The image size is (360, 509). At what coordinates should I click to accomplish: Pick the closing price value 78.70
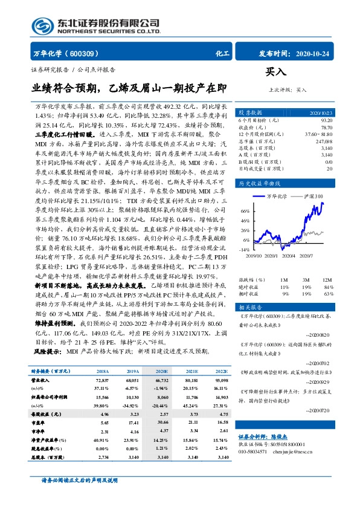[x=326, y=128]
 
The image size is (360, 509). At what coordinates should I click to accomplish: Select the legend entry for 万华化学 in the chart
[x=277, y=196]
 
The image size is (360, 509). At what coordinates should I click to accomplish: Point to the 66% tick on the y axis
[x=245, y=212]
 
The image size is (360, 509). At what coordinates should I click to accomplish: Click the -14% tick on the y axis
[x=243, y=249]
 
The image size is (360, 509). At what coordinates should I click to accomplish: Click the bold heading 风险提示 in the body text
[x=48, y=351]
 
